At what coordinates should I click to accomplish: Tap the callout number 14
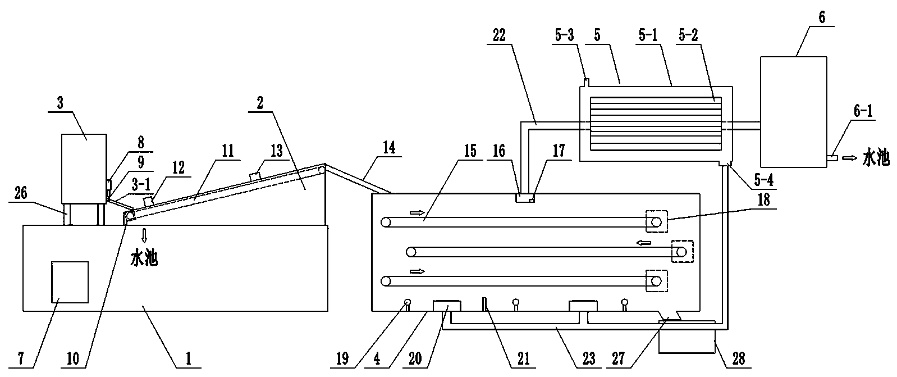tap(388, 148)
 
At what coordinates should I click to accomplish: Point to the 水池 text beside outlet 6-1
tap(876, 159)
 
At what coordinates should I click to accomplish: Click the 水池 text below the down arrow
tap(144, 259)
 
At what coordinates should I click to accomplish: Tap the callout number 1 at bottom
tap(189, 359)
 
